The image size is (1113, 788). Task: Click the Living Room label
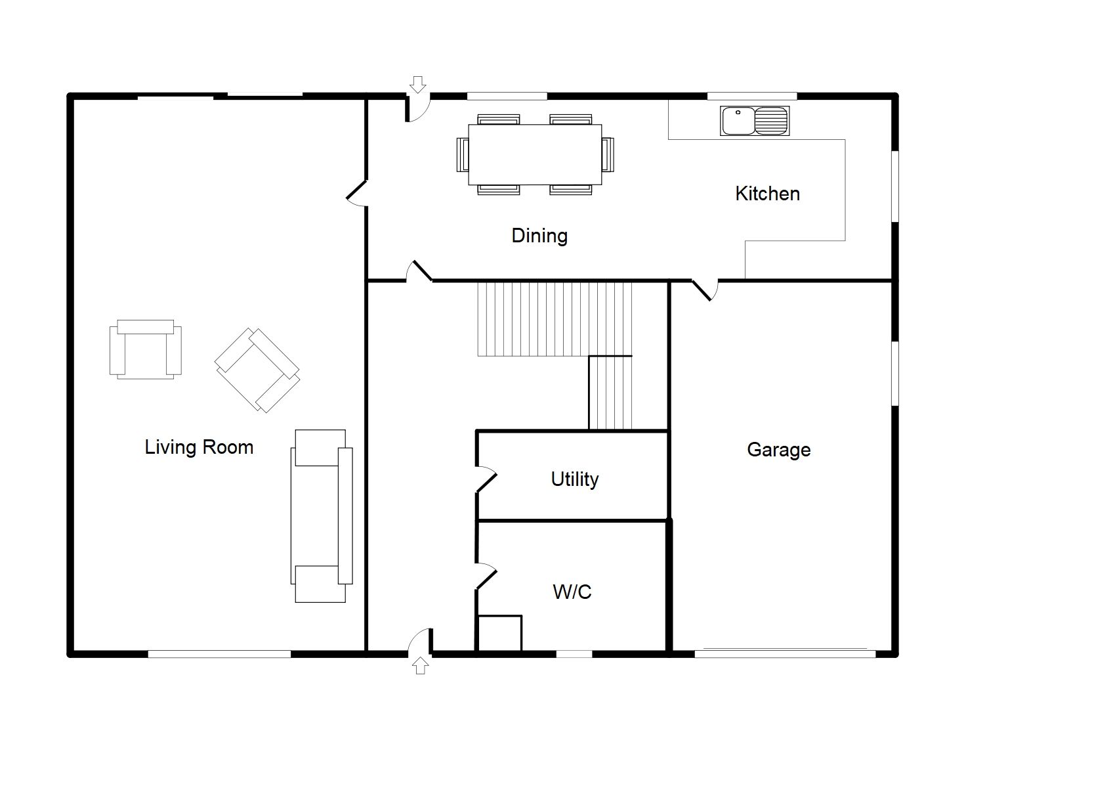(199, 447)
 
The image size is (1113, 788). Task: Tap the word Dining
(539, 236)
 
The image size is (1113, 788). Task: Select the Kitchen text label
(768, 194)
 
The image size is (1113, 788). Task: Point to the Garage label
(778, 450)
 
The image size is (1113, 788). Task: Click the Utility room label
(574, 479)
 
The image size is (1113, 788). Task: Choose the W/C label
(572, 592)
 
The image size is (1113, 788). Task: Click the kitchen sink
(755, 121)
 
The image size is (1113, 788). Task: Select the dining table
(535, 154)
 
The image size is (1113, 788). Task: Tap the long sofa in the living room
(322, 516)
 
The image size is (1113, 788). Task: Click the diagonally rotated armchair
(257, 370)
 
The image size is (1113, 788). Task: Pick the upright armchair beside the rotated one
(146, 349)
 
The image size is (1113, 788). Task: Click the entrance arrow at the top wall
(418, 85)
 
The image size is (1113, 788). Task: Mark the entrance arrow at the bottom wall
(421, 665)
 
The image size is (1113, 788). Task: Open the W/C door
(486, 577)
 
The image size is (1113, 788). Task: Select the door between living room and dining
(357, 193)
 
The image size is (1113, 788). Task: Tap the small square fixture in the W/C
(500, 633)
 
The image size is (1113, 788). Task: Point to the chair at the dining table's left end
(463, 154)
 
